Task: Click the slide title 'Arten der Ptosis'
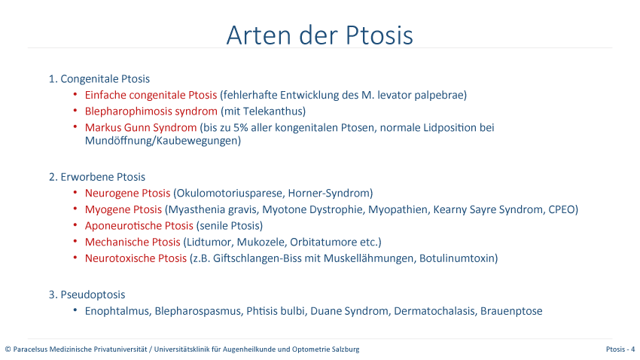pos(319,35)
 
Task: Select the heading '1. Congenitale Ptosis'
pos(99,79)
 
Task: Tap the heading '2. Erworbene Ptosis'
pos(97,177)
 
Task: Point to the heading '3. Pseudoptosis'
pos(87,294)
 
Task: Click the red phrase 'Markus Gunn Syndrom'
pos(141,128)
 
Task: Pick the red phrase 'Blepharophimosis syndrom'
pos(151,111)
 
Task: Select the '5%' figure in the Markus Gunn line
pos(241,128)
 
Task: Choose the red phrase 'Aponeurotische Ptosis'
pos(139,226)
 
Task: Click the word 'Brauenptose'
pos(511,311)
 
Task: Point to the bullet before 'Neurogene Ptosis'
pos(75,192)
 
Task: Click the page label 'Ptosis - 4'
pos(620,349)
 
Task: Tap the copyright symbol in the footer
pos(8,349)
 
